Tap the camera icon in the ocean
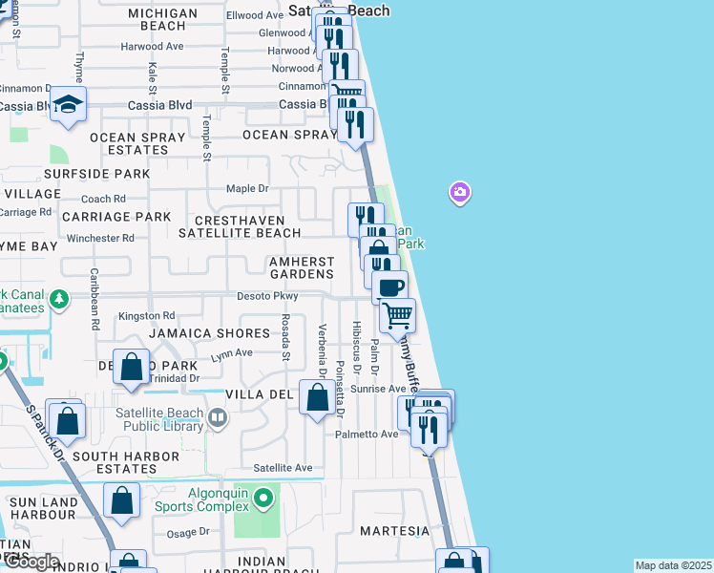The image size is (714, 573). click(x=460, y=194)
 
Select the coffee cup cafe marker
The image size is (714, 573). click(x=388, y=286)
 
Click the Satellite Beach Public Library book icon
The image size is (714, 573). click(x=219, y=418)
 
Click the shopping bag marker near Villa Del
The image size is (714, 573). click(x=316, y=396)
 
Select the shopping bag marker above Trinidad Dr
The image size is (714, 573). click(x=131, y=367)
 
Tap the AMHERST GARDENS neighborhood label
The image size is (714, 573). click(x=302, y=267)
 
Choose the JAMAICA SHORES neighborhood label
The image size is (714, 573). click(x=209, y=333)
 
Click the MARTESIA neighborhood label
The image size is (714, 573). click(x=394, y=530)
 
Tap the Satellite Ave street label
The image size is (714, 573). click(x=283, y=468)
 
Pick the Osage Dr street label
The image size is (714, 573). click(x=188, y=532)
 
